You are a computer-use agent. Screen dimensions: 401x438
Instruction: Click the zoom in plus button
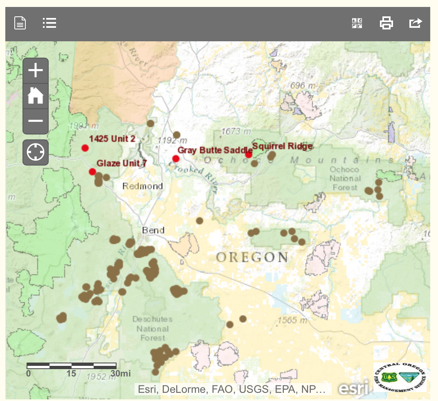[36, 71]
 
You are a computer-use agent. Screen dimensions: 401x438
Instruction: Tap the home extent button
[36, 96]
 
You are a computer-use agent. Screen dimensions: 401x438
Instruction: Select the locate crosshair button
[36, 152]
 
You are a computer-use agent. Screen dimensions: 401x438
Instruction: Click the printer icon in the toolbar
[386, 23]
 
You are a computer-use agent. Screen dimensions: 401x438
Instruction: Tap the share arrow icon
[415, 23]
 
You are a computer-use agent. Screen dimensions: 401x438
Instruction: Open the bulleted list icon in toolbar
[49, 23]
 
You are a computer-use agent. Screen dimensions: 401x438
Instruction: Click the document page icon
[20, 23]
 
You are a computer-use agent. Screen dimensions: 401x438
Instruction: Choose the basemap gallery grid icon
[357, 23]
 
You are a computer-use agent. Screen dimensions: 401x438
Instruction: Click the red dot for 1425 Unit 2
[85, 148]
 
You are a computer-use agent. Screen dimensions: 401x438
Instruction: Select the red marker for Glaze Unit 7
[92, 172]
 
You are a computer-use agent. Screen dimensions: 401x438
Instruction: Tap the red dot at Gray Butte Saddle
[176, 159]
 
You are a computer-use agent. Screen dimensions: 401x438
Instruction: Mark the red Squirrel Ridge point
[248, 154]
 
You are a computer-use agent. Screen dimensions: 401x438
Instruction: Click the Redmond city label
[143, 186]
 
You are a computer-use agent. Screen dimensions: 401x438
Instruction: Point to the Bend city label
[153, 230]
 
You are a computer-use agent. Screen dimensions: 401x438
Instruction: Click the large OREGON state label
[252, 257]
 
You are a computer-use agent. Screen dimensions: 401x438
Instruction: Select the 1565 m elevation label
[292, 320]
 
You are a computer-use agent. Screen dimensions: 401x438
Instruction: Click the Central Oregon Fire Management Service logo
[400, 377]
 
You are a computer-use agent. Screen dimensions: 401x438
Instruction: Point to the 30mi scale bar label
[120, 373]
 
